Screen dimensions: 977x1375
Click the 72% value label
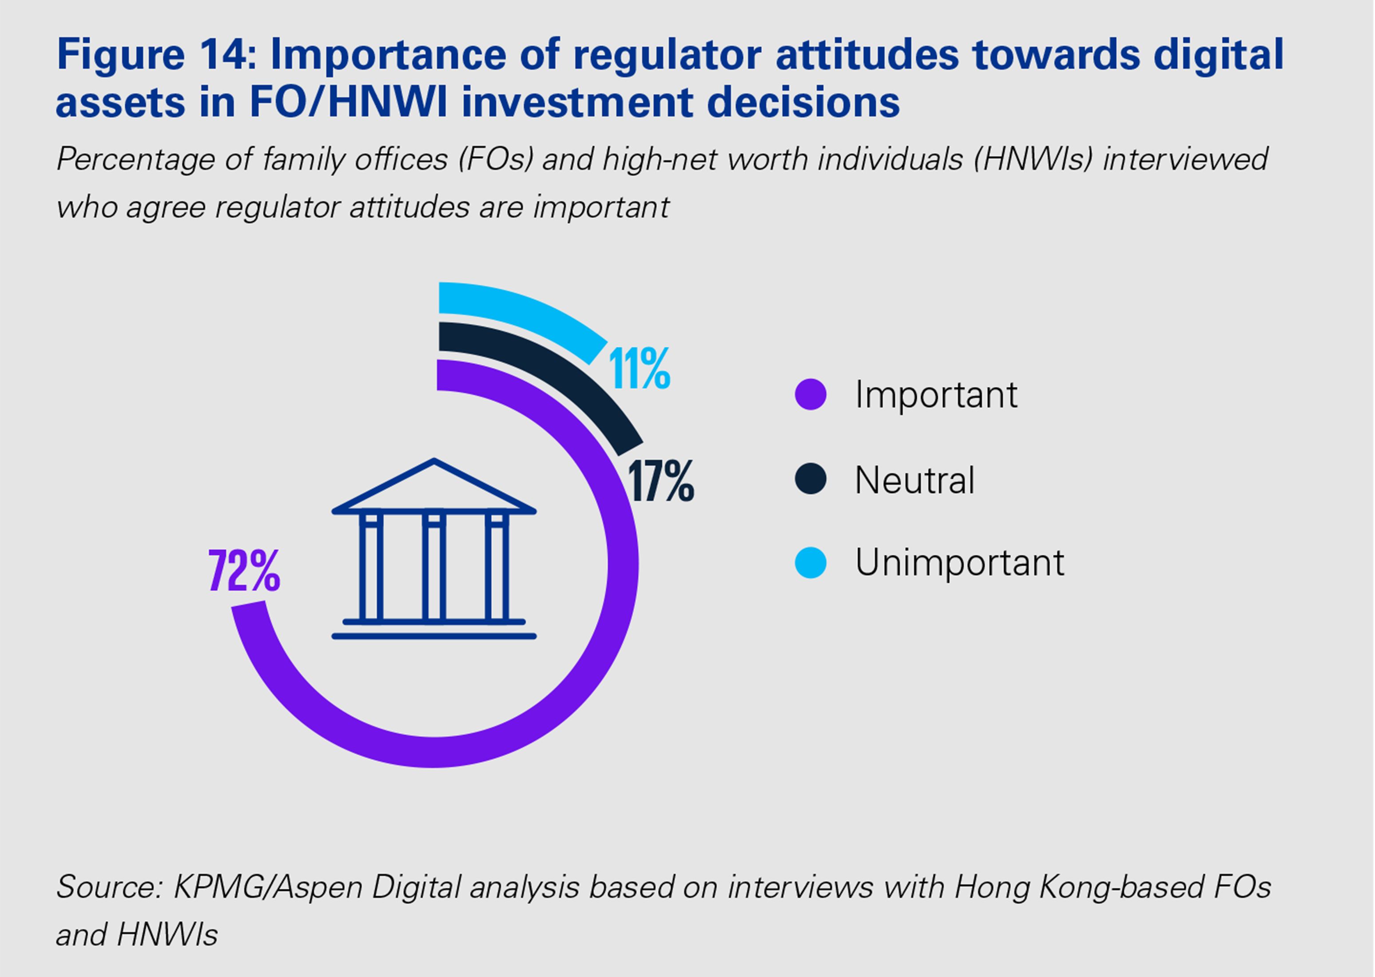(244, 570)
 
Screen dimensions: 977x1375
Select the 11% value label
(640, 368)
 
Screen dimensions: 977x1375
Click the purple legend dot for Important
(811, 395)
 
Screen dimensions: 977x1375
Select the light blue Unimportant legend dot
(811, 563)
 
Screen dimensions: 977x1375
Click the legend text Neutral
(914, 480)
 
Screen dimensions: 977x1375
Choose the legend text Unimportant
(959, 563)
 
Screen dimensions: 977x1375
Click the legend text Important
(936, 395)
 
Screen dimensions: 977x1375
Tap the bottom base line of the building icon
(433, 636)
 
